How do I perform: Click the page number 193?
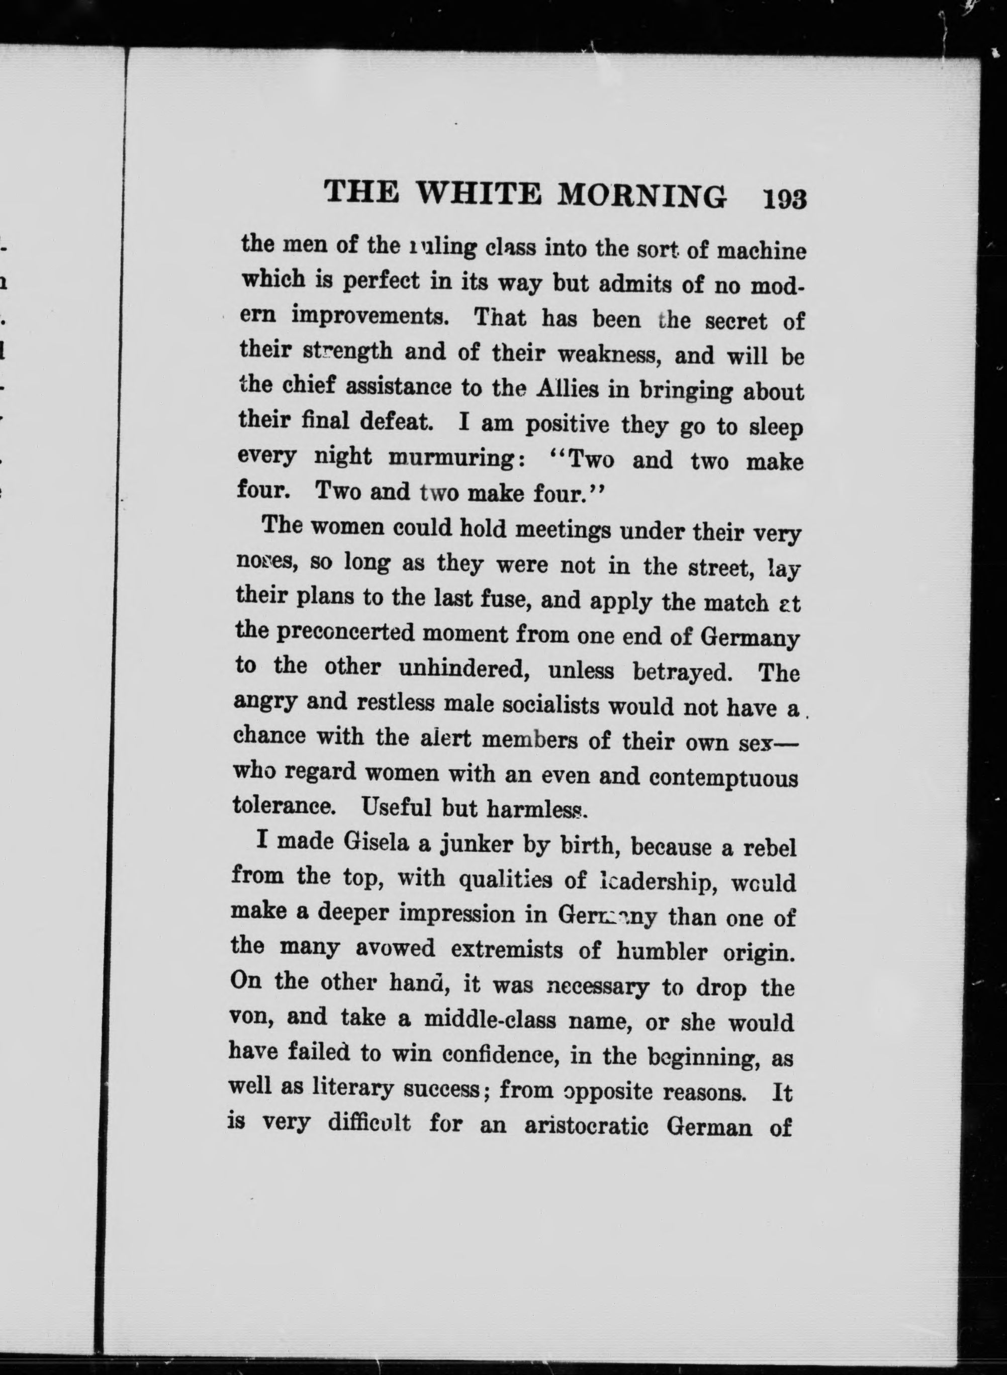coord(784,199)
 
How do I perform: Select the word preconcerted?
coord(344,632)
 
